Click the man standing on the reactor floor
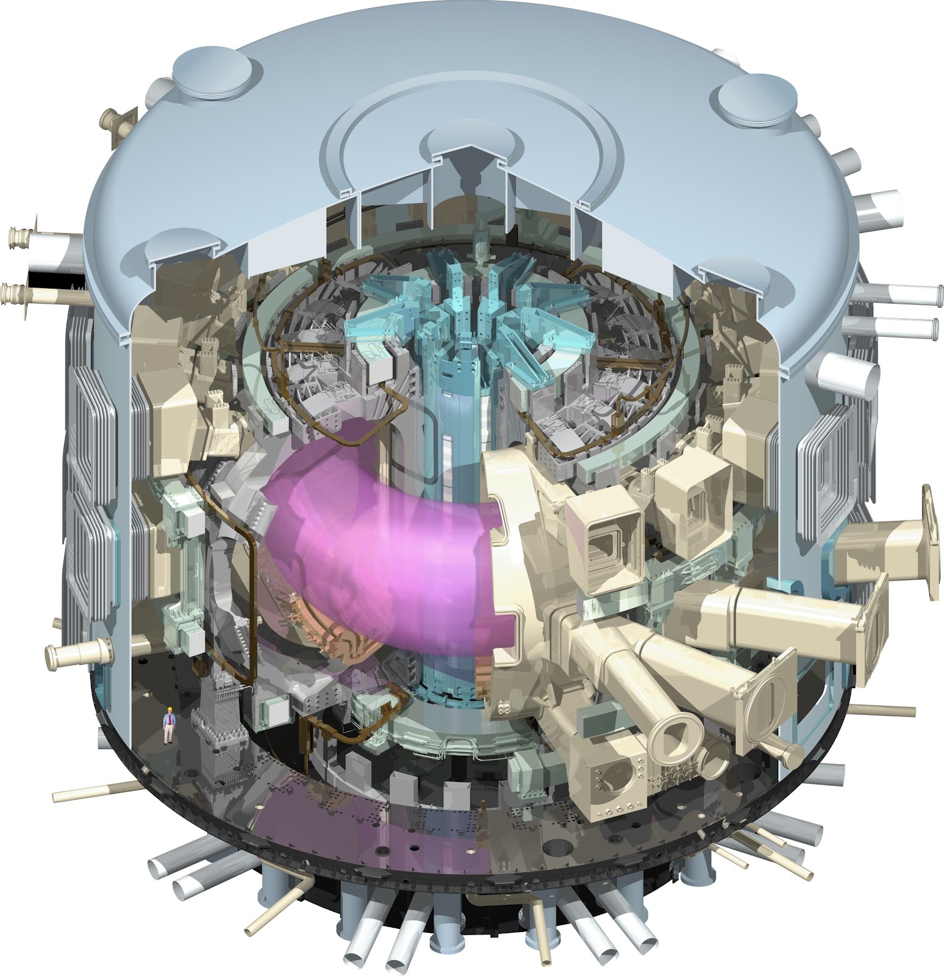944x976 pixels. tap(168, 725)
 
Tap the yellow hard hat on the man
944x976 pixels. tap(169, 709)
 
